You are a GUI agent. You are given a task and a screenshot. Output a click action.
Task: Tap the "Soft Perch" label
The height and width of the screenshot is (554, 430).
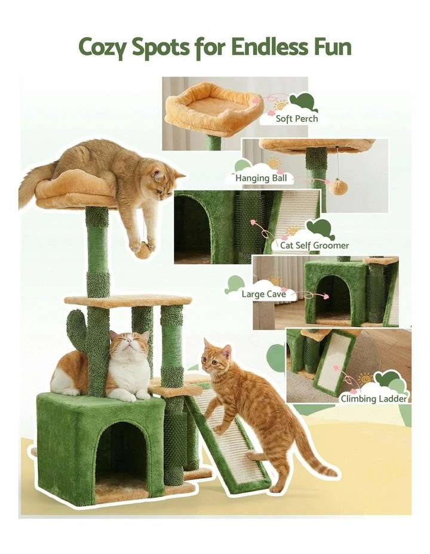pyautogui.click(x=296, y=118)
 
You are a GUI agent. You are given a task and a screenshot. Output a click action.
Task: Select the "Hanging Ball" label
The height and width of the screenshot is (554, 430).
pyautogui.click(x=261, y=177)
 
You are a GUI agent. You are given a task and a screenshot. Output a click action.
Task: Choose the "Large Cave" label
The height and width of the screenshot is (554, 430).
pyautogui.click(x=260, y=294)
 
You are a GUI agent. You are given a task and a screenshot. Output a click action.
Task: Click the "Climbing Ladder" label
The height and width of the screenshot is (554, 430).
pyautogui.click(x=373, y=398)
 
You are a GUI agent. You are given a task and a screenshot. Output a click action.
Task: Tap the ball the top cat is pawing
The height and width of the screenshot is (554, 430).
pyautogui.click(x=143, y=250)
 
